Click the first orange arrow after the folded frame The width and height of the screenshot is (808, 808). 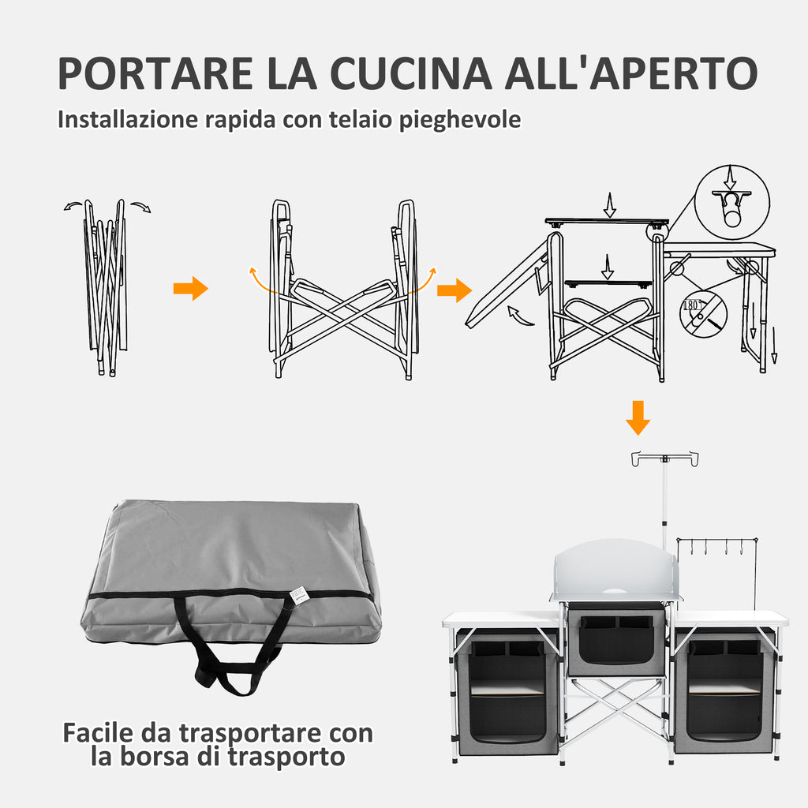190,289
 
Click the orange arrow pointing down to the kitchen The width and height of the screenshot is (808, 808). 638,418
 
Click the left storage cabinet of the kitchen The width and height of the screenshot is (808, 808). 507,690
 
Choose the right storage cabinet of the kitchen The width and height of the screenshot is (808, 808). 724,690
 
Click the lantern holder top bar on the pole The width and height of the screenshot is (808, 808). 664,457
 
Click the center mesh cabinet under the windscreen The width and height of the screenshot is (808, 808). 616,639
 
